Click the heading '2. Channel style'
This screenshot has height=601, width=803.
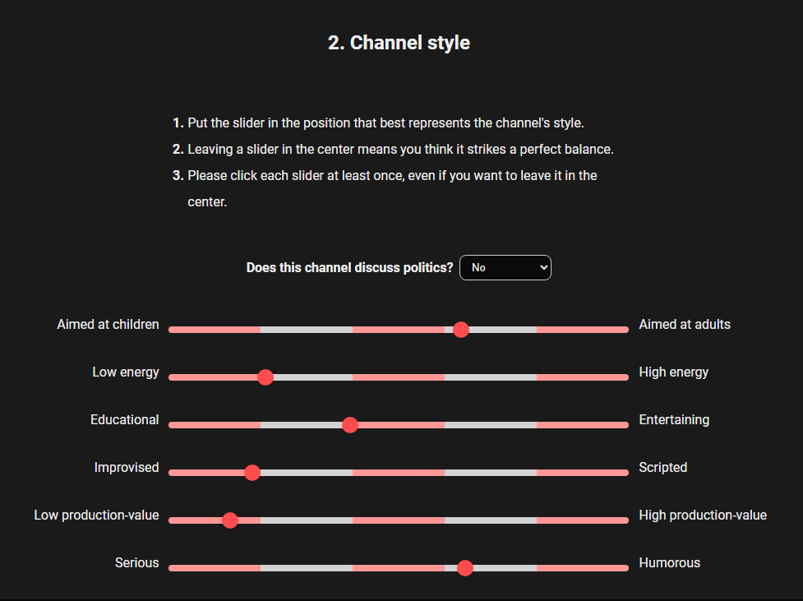(x=399, y=43)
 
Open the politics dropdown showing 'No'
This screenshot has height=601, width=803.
(x=505, y=267)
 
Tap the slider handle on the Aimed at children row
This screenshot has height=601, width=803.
(x=461, y=330)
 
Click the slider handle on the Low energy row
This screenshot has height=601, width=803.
(x=265, y=377)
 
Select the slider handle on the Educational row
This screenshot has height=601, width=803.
(x=350, y=425)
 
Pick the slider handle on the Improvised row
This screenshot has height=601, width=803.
(x=252, y=473)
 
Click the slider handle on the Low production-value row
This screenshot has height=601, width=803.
(x=230, y=520)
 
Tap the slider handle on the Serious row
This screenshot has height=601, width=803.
(x=465, y=568)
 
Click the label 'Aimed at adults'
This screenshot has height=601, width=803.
(x=685, y=324)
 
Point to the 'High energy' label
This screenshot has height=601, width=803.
(x=673, y=372)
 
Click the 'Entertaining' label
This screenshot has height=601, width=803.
(x=674, y=419)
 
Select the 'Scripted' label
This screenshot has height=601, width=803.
(x=662, y=467)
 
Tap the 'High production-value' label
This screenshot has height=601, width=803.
(x=703, y=515)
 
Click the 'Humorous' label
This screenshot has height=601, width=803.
(x=669, y=562)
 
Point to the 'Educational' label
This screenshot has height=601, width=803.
(x=125, y=419)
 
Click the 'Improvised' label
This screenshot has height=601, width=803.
(x=127, y=467)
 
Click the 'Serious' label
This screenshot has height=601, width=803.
(x=137, y=562)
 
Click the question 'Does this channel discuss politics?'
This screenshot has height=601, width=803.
(x=349, y=267)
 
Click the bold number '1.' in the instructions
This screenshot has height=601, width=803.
(x=178, y=123)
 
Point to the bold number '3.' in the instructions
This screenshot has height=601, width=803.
(x=178, y=175)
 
